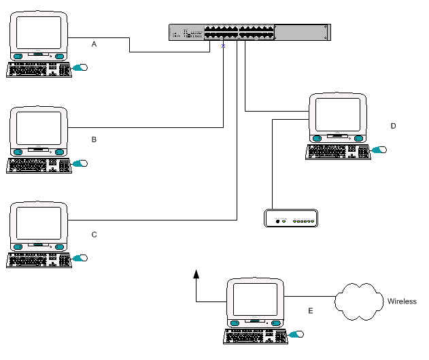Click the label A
[95, 44]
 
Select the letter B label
[95, 139]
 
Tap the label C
[95, 234]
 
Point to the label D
[393, 126]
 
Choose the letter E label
[311, 310]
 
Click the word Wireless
[402, 301]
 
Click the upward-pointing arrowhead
[196, 274]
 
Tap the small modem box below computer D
[291, 219]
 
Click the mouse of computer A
[82, 68]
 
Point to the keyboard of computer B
[38, 165]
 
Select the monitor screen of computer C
[39, 223]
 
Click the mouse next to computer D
[379, 149]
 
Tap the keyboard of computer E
[254, 336]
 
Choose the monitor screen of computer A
[39, 32]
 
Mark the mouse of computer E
[296, 334]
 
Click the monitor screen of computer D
[337, 114]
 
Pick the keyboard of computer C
[38, 260]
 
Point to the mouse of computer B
[82, 163]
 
